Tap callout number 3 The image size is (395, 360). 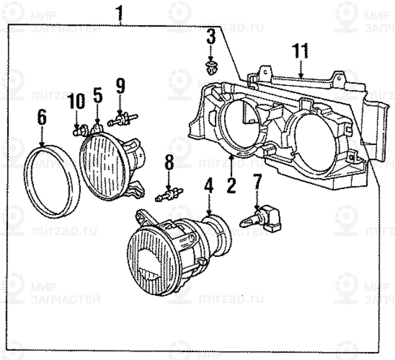click(211, 38)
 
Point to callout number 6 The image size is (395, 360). click(42, 115)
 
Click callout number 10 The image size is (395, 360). click(75, 101)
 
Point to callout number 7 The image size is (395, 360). click(257, 182)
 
